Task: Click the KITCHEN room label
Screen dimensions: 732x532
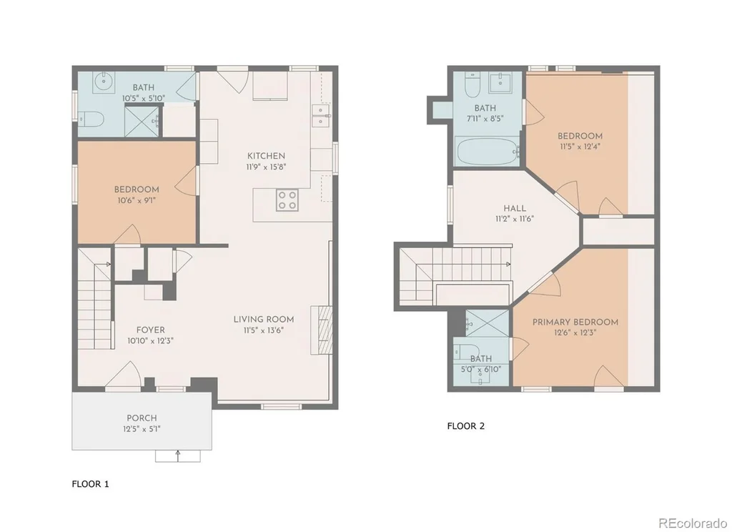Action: tap(266, 156)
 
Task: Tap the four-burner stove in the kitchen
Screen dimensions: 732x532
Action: tap(287, 200)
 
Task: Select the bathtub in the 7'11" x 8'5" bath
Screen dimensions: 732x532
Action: tap(488, 152)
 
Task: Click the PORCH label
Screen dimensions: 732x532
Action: tap(142, 418)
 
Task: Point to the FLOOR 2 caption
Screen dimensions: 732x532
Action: tap(466, 426)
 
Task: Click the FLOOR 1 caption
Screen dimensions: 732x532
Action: tap(91, 484)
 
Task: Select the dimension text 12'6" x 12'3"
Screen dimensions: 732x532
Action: tap(575, 333)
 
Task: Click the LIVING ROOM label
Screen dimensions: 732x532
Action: tap(264, 320)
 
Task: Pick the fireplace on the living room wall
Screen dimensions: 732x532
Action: tap(322, 330)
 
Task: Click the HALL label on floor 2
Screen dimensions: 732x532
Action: tap(515, 209)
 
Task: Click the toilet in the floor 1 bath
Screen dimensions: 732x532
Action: tap(90, 120)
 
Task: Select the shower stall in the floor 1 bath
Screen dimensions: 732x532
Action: tap(142, 122)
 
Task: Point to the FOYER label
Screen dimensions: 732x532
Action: tap(150, 330)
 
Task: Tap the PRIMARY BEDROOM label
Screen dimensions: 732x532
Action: tap(575, 322)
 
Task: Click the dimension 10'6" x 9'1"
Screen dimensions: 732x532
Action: tap(137, 201)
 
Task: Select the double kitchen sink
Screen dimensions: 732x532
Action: tap(320, 115)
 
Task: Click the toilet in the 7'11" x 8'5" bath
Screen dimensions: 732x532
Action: tap(473, 82)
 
